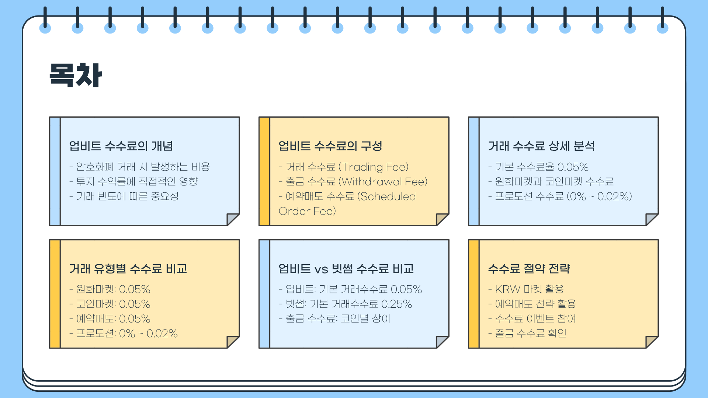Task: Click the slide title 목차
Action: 76,75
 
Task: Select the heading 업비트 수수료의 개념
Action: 121,146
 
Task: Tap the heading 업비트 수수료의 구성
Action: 330,146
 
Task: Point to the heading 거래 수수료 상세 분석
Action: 541,146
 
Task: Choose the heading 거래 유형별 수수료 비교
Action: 128,269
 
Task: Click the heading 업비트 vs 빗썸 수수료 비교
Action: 346,269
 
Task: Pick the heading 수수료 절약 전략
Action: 529,269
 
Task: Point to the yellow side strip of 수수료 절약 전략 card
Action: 474,294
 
